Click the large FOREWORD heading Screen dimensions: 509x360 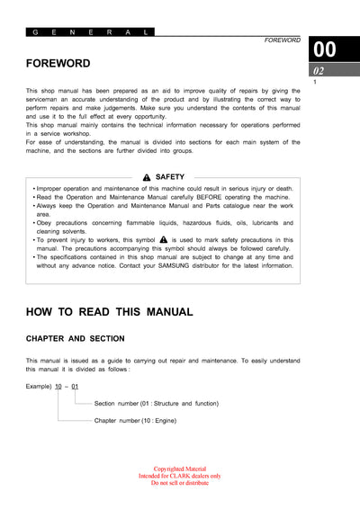tap(58, 64)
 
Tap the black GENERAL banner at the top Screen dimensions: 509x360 tap(90, 31)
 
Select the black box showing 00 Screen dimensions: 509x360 tap(324, 49)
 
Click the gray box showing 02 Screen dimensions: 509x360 tap(319, 70)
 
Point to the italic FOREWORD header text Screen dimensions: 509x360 tap(282, 40)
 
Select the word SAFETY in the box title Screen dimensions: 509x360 tap(170, 177)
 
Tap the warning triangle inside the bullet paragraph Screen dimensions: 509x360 tap(163, 240)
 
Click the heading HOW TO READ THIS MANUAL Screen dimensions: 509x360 tap(109, 312)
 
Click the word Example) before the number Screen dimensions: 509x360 tap(39, 386)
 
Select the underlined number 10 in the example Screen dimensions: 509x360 tap(59, 386)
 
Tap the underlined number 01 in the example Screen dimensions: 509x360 tap(76, 386)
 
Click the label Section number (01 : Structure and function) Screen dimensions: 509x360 tap(156, 404)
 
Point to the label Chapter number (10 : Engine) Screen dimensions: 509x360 tap(135, 420)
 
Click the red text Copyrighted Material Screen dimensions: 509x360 tap(179, 469)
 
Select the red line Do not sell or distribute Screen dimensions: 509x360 tap(179, 483)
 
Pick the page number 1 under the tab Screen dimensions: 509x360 tap(315, 83)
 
